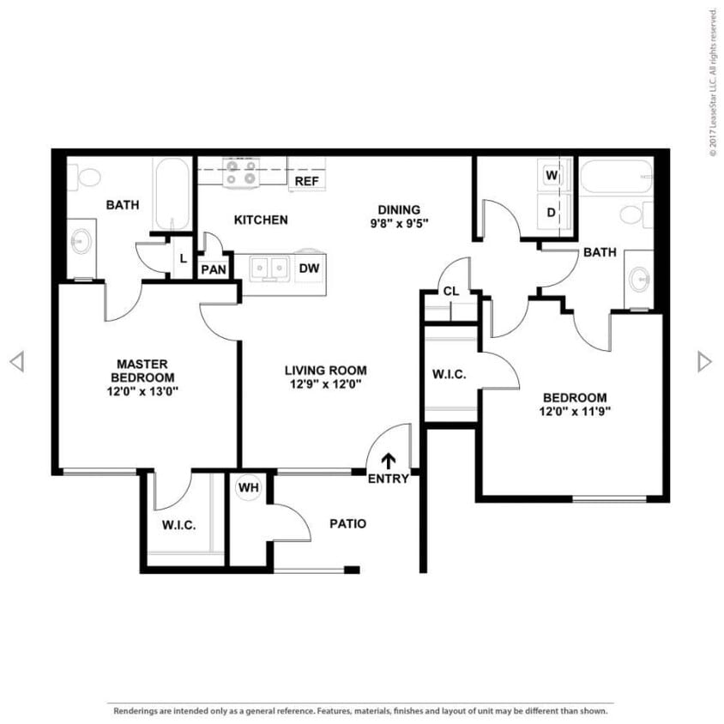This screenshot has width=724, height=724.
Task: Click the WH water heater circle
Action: coord(249,488)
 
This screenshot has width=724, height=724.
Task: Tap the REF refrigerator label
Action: coord(306,182)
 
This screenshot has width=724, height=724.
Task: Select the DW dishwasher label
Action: coord(309,268)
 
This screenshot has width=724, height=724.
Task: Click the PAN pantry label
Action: coord(213,269)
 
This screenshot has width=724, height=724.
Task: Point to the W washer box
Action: coord(552,176)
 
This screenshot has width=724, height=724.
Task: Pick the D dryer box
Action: coord(552,211)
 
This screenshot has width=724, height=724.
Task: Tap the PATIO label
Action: coord(347,523)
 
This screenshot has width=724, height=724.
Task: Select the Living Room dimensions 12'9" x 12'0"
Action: coord(325,384)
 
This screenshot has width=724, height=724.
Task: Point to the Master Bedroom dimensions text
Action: coord(145,391)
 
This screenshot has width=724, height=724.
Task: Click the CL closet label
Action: coord(451,292)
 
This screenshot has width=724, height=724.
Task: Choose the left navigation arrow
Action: coord(16,362)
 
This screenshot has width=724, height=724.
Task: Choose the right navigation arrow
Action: coord(704,362)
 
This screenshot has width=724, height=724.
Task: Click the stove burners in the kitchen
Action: coord(239,172)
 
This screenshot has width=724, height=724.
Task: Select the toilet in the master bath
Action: coord(87,178)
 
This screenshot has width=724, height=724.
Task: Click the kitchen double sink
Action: coord(268,269)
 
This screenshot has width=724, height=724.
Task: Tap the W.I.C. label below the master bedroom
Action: coord(179,526)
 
